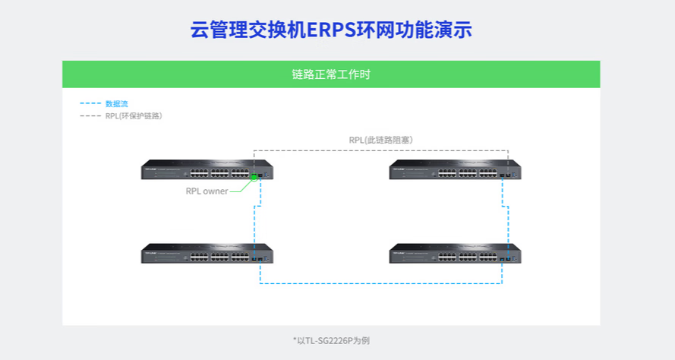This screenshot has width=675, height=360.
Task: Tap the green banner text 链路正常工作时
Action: click(331, 74)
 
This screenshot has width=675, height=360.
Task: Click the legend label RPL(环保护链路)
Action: click(134, 116)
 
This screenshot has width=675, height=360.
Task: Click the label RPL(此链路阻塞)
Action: click(380, 140)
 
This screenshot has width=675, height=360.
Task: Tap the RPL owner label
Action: click(207, 191)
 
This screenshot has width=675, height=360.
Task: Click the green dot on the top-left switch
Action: click(254, 178)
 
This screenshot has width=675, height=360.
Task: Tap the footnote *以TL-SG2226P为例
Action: click(331, 340)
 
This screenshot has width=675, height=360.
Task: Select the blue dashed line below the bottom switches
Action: click(380, 283)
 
